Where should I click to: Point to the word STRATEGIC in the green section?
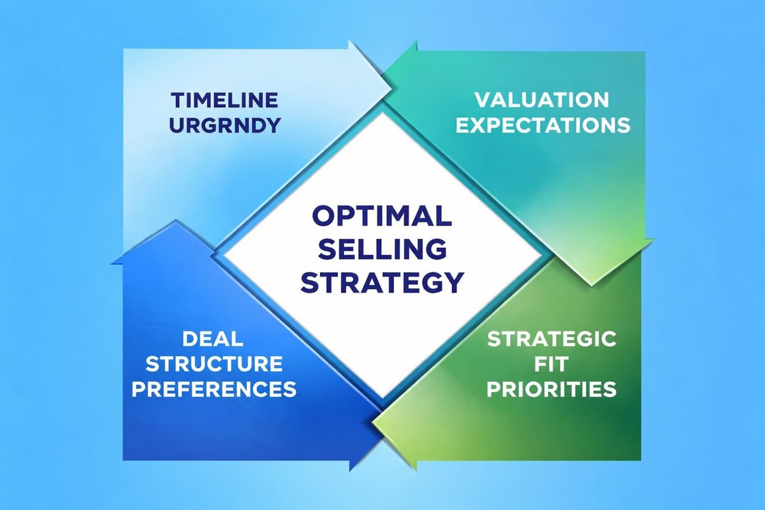[x=551, y=339]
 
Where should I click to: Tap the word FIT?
[x=551, y=364]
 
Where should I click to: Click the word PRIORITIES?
[x=551, y=389]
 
